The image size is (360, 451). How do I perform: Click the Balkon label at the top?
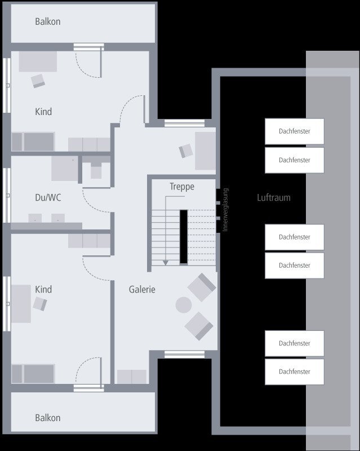pos(47,22)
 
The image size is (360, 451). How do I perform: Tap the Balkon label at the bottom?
pos(47,418)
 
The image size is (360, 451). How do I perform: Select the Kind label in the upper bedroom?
pos(43,112)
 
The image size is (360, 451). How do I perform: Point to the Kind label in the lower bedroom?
pos(43,289)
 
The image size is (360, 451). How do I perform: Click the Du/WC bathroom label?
pos(48,198)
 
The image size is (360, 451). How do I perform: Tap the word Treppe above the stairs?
pos(181,187)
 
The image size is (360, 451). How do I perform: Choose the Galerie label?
pos(142,290)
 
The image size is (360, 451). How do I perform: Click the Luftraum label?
pos(273,198)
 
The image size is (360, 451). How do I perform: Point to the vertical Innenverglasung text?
pos(225,210)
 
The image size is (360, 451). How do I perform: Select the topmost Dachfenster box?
pos(294,131)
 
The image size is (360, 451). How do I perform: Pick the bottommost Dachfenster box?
pos(294,372)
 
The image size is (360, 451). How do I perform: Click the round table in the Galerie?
pos(184,305)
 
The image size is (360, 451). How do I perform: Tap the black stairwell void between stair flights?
pos(183,236)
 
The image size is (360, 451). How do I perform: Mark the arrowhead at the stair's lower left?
pos(165,262)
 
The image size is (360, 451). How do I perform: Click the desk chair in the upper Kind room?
pos(38,81)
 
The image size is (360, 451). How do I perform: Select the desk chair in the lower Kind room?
pos(39,304)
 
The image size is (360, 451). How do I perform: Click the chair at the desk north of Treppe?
pos(186,151)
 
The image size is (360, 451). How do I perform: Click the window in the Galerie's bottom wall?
pos(176,355)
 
